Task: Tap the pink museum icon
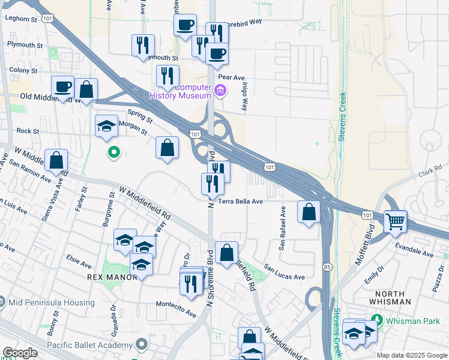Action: pyautogui.click(x=220, y=92)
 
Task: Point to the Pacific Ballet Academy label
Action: pyautogui.click(x=91, y=345)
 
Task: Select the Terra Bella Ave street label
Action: pyautogui.click(x=241, y=202)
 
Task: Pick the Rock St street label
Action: pyautogui.click(x=28, y=130)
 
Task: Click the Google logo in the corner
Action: pyautogui.click(x=20, y=353)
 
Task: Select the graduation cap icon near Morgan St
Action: pyautogui.click(x=106, y=126)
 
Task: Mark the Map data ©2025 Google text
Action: pyautogui.click(x=411, y=355)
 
